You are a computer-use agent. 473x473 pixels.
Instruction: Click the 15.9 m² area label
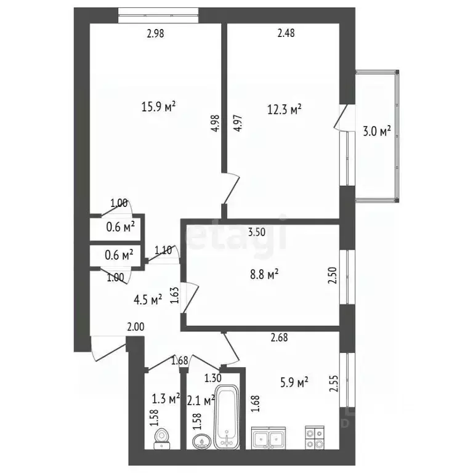click(159, 107)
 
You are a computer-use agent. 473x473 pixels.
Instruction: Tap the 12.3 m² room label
click(285, 110)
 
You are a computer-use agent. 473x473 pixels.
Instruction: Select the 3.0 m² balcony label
click(377, 131)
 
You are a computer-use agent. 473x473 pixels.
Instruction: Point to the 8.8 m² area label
click(264, 275)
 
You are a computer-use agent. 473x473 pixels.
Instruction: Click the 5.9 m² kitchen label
click(294, 383)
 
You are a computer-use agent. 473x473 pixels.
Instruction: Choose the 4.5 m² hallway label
click(148, 300)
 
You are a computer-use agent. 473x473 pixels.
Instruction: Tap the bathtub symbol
click(227, 417)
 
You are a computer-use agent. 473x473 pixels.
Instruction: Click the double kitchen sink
click(269, 438)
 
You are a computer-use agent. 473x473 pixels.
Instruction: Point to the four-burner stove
click(315, 437)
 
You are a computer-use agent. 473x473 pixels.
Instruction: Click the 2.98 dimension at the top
click(155, 33)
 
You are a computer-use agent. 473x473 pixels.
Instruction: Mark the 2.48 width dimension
click(286, 33)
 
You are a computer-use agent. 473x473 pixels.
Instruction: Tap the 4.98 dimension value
click(216, 123)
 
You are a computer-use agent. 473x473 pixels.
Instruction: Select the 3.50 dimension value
click(257, 232)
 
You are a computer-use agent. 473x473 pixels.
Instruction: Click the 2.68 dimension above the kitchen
click(280, 338)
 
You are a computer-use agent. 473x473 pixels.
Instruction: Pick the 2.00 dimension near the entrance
click(135, 327)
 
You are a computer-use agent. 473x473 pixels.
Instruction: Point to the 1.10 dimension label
click(163, 251)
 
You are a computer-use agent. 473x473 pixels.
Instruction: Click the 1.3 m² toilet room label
click(166, 399)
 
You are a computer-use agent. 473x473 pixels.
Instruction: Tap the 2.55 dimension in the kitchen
click(334, 383)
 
